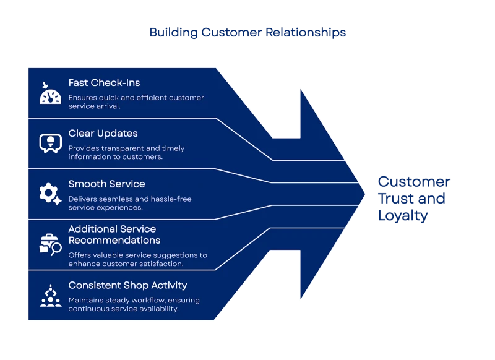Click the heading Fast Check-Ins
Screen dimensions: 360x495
coord(104,83)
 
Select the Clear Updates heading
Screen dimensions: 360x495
coord(103,134)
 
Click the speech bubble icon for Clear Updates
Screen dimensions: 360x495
coord(49,143)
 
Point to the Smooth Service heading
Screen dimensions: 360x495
coord(106,184)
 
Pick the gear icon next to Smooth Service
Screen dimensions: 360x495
coord(49,194)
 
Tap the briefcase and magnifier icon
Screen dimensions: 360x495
coord(50,245)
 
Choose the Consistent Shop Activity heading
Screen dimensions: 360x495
coord(127,285)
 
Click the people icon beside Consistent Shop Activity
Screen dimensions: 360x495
coord(50,296)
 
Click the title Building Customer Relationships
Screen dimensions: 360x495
coord(247,33)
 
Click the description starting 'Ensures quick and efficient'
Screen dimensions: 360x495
coord(136,102)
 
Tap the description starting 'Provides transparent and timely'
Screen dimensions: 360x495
coord(126,153)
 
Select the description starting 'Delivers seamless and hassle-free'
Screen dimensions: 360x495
coord(130,203)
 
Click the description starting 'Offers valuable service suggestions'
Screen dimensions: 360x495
coord(137,259)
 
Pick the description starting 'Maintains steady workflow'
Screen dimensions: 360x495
coord(134,304)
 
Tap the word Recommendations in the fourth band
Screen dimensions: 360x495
coord(114,240)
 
